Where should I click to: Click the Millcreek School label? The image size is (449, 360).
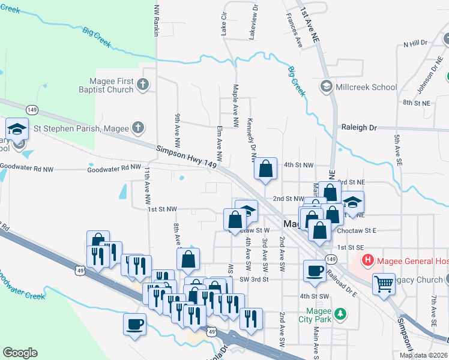[367, 87]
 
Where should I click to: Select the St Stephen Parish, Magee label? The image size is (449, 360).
[77, 128]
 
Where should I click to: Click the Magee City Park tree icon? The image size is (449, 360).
[340, 314]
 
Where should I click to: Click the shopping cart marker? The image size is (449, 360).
[383, 282]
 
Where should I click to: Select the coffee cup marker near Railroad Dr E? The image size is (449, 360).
[314, 270]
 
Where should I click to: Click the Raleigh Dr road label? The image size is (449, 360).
[358, 128]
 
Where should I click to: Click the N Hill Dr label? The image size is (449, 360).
[415, 43]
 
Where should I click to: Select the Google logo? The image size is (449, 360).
[20, 353]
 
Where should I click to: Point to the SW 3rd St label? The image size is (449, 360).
[252, 280]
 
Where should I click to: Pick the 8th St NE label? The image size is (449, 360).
[417, 103]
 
